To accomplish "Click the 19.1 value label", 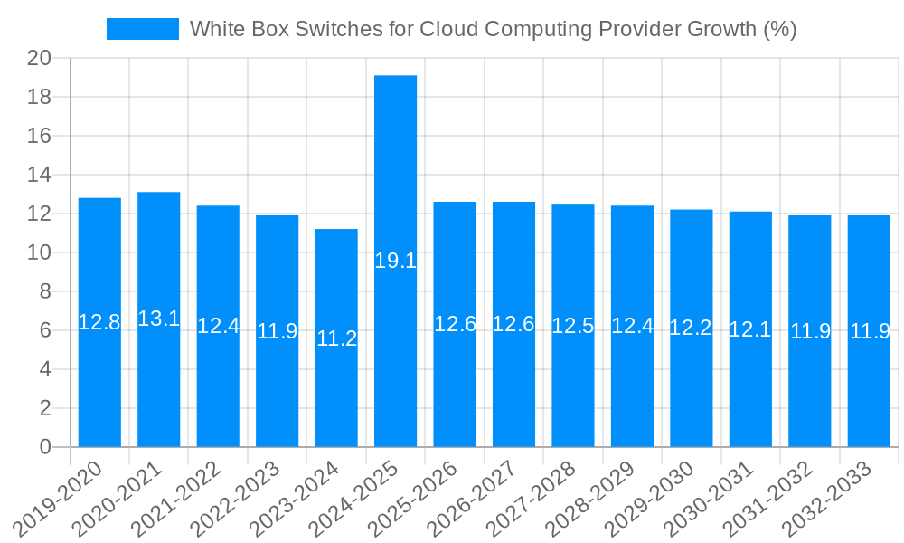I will tap(395, 262).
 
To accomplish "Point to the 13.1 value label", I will tap(158, 319).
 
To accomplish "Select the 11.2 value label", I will tap(336, 338).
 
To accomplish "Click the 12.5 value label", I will tap(573, 327).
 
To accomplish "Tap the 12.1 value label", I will tap(750, 329).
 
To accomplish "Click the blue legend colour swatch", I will tap(143, 29).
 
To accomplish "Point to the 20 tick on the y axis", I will tap(40, 59).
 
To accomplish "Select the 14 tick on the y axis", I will tap(40, 176).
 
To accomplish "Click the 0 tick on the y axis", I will tap(46, 447).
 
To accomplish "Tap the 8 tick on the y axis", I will tap(46, 292).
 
